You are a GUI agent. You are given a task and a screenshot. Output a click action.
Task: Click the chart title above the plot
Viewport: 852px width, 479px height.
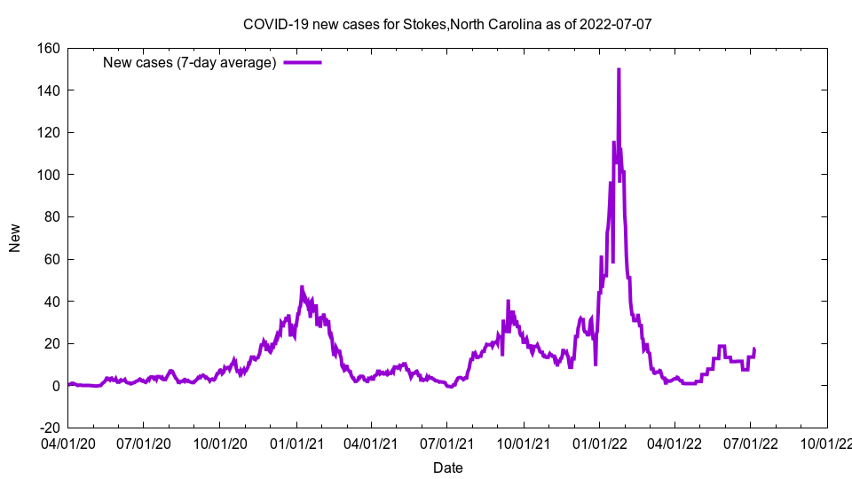point(447,24)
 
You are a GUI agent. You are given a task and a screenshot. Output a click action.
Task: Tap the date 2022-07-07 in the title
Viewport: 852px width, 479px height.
point(616,24)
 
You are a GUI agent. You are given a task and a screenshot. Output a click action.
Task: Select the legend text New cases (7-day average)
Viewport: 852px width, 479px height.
point(189,62)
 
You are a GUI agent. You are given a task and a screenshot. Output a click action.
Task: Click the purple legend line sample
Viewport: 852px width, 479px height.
point(302,62)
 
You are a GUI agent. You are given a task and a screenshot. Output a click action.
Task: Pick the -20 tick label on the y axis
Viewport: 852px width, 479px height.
point(49,428)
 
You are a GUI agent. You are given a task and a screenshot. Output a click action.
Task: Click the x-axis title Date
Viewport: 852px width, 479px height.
point(447,467)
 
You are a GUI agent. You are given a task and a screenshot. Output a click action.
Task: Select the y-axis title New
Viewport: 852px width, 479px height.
point(15,238)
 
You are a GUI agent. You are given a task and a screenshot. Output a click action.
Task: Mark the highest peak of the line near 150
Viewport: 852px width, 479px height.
point(619,69)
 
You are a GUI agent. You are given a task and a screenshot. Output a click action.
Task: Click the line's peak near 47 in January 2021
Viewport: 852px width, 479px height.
point(302,287)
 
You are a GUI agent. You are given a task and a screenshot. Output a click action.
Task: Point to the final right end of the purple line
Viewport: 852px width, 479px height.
point(754,349)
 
